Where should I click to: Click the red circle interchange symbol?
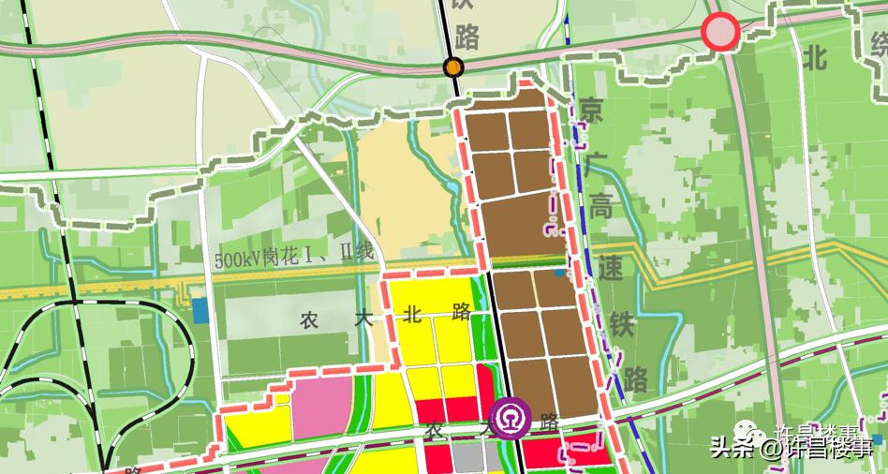721,33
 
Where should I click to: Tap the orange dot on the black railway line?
453,67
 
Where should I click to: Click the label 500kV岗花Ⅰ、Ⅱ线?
293,254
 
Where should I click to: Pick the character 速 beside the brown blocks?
612,270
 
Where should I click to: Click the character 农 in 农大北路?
311,319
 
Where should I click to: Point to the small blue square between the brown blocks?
559,273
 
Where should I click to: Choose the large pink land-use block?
321,408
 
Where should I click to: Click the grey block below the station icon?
466,456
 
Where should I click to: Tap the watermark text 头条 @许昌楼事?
796,446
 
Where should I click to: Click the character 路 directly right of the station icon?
550,424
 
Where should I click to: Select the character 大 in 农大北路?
363,318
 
